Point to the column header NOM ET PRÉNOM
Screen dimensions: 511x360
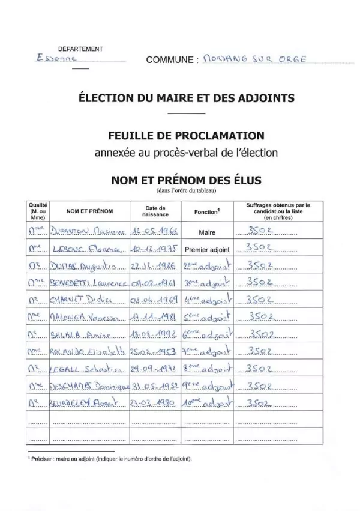pos(89,211)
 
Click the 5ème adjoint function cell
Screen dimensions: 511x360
pos(207,315)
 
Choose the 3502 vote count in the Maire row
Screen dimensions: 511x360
pos(262,230)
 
